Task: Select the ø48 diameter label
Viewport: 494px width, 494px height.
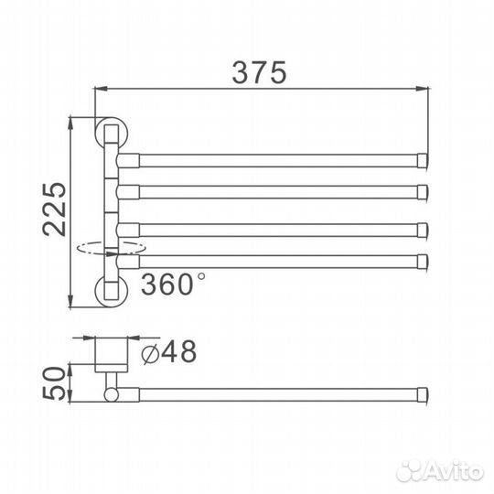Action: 167,351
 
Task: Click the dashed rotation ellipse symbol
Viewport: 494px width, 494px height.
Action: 111,247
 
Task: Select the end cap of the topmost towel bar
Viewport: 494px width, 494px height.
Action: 422,160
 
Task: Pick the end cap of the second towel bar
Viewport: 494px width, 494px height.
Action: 422,190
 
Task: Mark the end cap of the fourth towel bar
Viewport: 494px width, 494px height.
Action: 422,261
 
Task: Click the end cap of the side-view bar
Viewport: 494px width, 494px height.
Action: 422,394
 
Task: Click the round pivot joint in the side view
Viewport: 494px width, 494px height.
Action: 112,394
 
